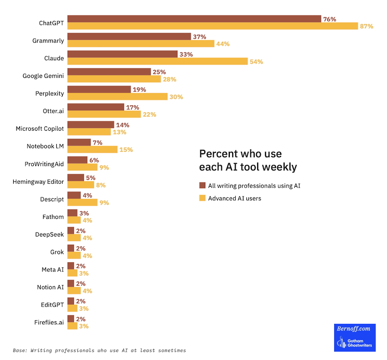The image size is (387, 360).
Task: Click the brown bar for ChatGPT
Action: (x=194, y=19)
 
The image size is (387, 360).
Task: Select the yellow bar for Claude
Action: (x=157, y=61)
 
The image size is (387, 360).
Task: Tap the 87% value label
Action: (x=366, y=26)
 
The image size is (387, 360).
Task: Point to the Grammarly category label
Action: (x=48, y=41)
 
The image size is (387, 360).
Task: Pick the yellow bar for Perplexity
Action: (x=117, y=96)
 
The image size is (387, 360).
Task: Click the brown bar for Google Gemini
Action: (x=109, y=72)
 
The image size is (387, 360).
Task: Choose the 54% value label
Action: (x=256, y=61)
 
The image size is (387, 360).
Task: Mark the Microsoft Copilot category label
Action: (x=40, y=128)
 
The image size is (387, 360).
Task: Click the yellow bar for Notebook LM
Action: (x=92, y=149)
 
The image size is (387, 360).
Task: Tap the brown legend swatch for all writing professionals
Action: (x=202, y=186)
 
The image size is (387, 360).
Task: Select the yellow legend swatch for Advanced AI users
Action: (x=202, y=198)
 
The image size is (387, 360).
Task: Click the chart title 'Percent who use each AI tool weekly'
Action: (x=248, y=160)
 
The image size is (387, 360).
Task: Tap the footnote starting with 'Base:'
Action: (x=99, y=351)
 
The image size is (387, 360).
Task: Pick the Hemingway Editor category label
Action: (x=38, y=182)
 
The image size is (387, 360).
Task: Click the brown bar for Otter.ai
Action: (x=96, y=107)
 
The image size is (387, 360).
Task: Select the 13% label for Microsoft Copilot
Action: (x=120, y=132)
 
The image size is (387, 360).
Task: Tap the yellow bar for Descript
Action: (x=82, y=202)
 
